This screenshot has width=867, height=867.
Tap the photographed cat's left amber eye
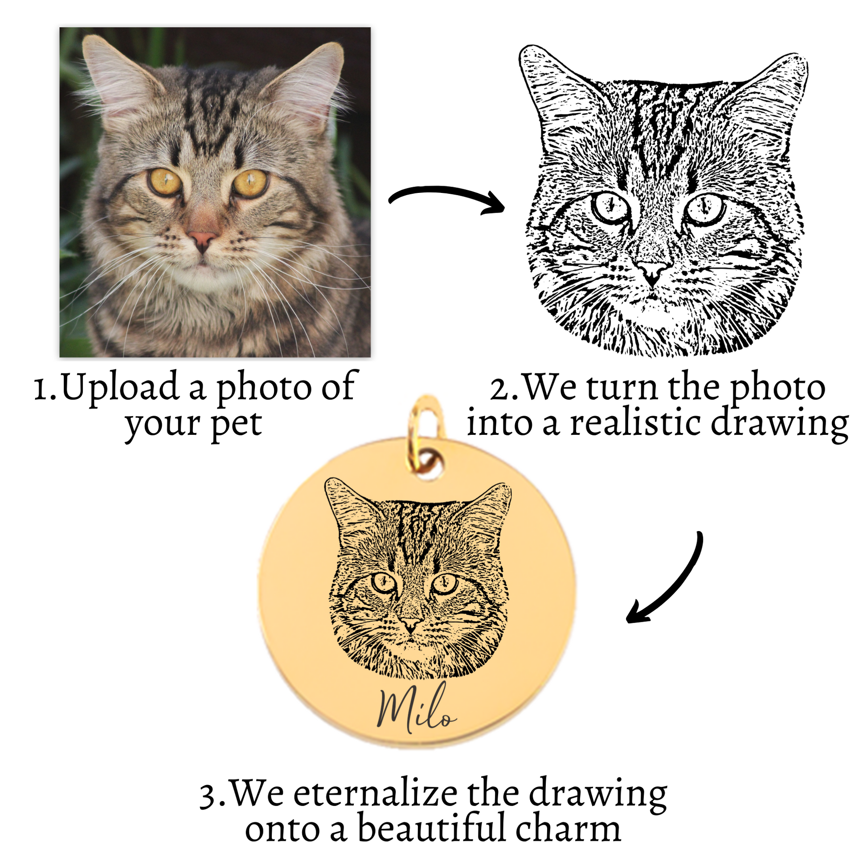pos(165,182)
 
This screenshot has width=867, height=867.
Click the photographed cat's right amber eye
pos(250,183)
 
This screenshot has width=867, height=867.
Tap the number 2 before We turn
pos(501,388)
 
